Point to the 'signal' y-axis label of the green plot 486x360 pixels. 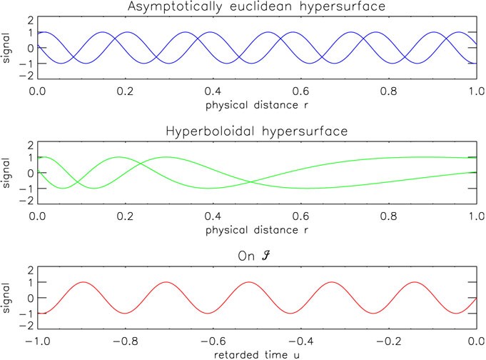pos(8,173)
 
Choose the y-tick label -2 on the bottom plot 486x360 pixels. pos(29,326)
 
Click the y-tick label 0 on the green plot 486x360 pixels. pos(31,173)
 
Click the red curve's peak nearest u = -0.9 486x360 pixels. pos(84,282)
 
